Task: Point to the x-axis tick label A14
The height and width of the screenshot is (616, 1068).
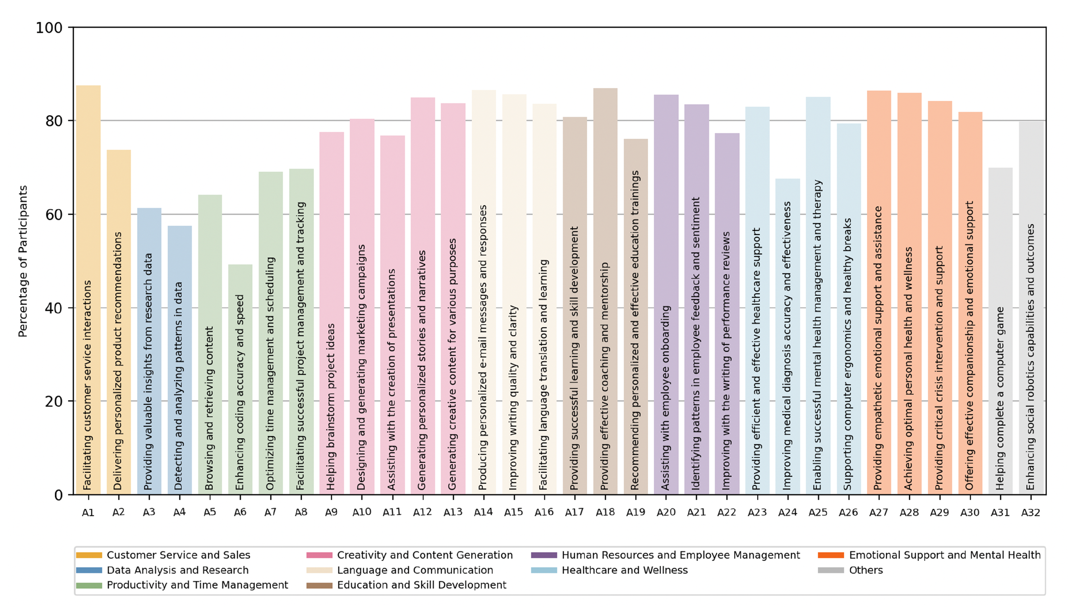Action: point(483,512)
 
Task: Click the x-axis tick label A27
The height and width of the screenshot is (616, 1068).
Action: point(879,512)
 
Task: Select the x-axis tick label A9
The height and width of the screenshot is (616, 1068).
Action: point(331,512)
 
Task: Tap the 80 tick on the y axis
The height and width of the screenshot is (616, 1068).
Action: point(54,121)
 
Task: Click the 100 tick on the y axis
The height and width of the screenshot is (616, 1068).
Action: point(49,28)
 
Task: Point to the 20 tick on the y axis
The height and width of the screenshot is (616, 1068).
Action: point(54,402)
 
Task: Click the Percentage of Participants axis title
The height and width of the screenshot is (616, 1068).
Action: point(23,261)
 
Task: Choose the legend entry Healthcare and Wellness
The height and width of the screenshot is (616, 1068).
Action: point(625,570)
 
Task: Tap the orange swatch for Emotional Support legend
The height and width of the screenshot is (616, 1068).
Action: point(831,555)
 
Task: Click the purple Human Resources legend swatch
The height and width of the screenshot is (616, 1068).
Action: point(544,555)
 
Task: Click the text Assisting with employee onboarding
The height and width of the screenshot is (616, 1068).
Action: point(665,398)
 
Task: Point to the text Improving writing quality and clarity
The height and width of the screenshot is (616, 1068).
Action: point(513,398)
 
